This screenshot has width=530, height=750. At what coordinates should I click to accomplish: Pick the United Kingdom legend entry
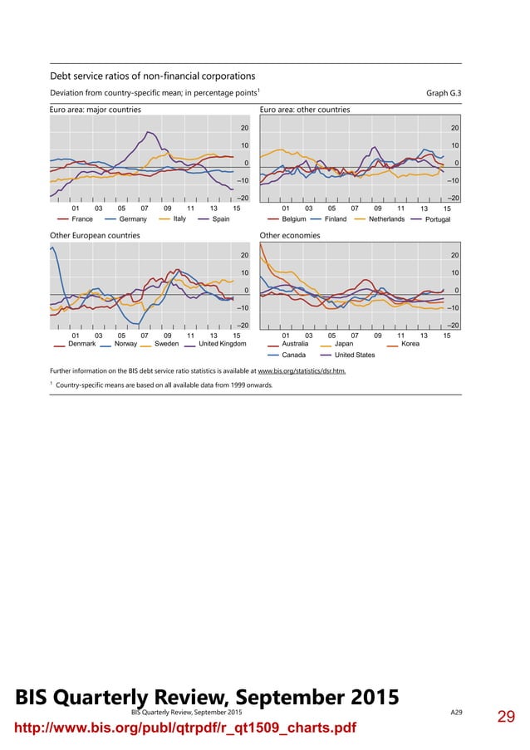click(x=223, y=343)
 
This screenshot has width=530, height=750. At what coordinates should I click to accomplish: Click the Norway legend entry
click(x=125, y=343)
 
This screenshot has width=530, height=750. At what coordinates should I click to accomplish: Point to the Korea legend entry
click(x=410, y=343)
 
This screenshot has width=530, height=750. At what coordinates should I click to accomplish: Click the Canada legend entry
click(x=293, y=355)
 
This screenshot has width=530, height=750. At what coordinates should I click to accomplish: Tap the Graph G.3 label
click(x=443, y=92)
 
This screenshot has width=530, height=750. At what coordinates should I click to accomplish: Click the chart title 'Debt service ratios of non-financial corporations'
click(x=153, y=76)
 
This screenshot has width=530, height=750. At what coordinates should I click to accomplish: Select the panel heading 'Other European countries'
click(x=95, y=235)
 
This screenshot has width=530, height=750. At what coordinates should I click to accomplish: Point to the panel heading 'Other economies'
click(x=290, y=235)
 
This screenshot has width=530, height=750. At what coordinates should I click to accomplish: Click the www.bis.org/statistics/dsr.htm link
click(x=302, y=370)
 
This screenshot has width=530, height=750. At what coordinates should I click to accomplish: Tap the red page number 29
click(x=507, y=717)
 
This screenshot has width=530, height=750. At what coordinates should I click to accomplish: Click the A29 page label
click(x=457, y=713)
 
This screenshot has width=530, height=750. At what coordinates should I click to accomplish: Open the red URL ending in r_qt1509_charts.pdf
click(x=182, y=728)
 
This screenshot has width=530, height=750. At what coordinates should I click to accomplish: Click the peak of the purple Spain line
click(x=150, y=132)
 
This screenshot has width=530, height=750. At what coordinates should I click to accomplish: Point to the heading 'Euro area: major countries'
click(x=96, y=110)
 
